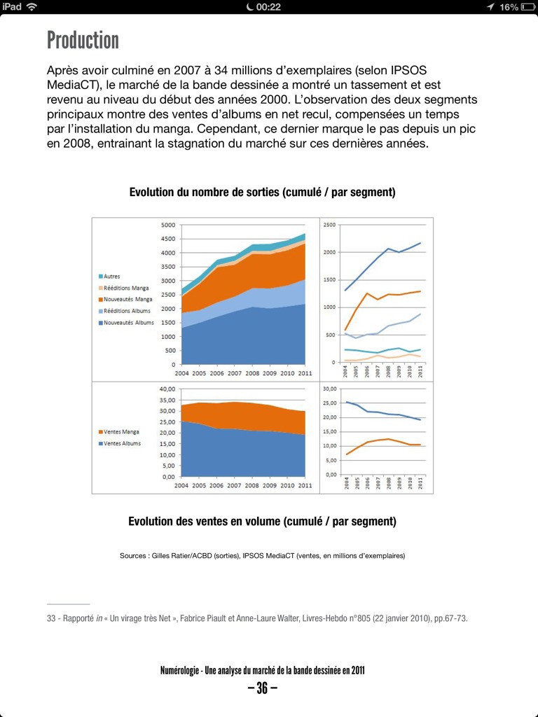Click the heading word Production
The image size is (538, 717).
coord(83,40)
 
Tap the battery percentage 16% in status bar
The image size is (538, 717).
coord(509,7)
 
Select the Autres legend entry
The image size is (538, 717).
coord(112,277)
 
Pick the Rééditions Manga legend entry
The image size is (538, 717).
coord(127,288)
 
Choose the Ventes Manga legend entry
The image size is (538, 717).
coord(122,432)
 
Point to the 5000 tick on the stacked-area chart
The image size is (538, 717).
coord(167,225)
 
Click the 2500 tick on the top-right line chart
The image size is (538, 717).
coord(329,225)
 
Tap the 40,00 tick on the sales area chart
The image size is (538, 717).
coord(166,389)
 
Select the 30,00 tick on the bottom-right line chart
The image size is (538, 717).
coord(329,389)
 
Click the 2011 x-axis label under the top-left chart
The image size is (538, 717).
coord(305,375)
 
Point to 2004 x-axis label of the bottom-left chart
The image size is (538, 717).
coord(181,485)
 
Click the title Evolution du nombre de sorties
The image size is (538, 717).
coord(262,193)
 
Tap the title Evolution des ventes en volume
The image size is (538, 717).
coord(262,522)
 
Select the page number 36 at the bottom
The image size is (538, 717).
coord(262,688)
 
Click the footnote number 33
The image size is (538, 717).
coord(53,618)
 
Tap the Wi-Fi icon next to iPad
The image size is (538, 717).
coord(32,7)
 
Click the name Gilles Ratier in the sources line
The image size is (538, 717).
coord(172,556)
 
